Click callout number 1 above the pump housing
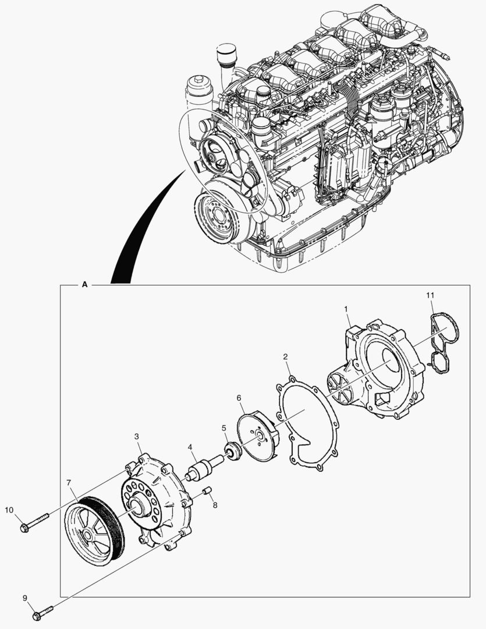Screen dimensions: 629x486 346,308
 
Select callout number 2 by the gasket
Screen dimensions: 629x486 286,356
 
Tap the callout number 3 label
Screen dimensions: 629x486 136,436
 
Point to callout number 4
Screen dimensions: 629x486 190,448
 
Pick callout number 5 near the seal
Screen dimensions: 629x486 224,428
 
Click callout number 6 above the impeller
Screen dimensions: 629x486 239,398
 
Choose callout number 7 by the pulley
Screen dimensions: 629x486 69,483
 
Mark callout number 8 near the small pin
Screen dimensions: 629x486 215,506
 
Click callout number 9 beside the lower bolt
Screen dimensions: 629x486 25,598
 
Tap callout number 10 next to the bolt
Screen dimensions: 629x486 9,510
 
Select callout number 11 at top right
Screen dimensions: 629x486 430,296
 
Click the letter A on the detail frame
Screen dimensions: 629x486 85,285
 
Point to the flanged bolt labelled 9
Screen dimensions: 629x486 43,612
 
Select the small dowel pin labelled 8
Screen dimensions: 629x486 205,494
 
